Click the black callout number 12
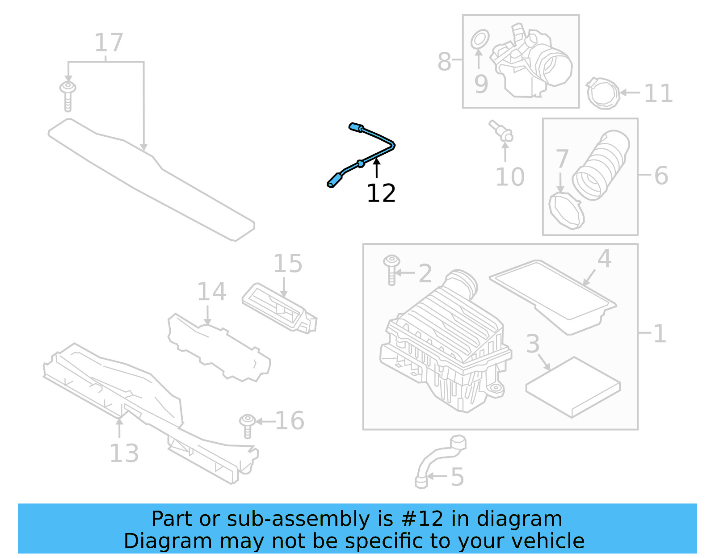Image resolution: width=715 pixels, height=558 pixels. (381, 193)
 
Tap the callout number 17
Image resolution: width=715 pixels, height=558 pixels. (109, 43)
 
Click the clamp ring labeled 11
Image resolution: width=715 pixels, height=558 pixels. (603, 93)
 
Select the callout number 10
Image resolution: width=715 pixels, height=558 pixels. (509, 177)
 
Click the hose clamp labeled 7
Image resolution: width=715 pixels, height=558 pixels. (566, 210)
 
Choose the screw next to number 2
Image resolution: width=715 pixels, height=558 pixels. (391, 269)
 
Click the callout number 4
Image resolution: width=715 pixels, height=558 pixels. (604, 259)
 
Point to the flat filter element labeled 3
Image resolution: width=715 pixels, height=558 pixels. (573, 386)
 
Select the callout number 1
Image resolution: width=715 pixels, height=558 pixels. (660, 333)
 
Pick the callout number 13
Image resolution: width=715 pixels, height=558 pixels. (124, 453)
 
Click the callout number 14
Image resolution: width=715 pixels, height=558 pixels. (211, 292)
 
